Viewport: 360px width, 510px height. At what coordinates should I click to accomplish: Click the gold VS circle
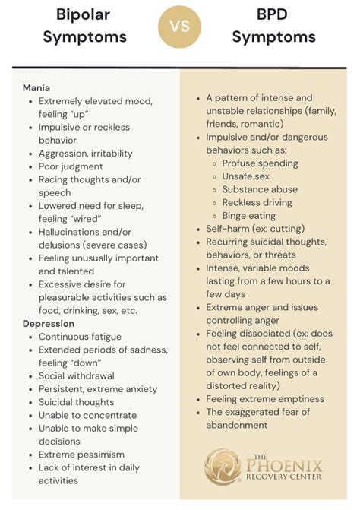[180, 27]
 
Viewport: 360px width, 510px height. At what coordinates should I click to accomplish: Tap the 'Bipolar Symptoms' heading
[84, 27]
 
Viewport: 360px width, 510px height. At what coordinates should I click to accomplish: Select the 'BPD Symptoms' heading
[274, 27]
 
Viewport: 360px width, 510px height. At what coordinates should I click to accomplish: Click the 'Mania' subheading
[36, 87]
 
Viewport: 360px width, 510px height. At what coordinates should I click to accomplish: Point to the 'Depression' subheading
[49, 324]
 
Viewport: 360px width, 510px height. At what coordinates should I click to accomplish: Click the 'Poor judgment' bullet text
[71, 166]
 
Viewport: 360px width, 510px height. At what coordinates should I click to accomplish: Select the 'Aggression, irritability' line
[89, 154]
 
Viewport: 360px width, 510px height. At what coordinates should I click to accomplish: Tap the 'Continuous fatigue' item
[80, 337]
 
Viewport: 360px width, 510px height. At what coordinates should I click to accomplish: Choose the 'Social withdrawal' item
[77, 376]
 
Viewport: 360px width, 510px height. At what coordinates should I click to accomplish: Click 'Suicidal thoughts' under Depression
[76, 402]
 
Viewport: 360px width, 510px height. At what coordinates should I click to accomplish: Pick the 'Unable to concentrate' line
[87, 415]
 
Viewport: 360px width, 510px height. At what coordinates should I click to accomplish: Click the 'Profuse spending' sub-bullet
[260, 163]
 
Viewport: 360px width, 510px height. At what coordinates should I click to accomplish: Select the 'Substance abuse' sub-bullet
[260, 189]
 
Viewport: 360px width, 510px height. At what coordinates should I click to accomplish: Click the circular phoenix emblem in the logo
[223, 466]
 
